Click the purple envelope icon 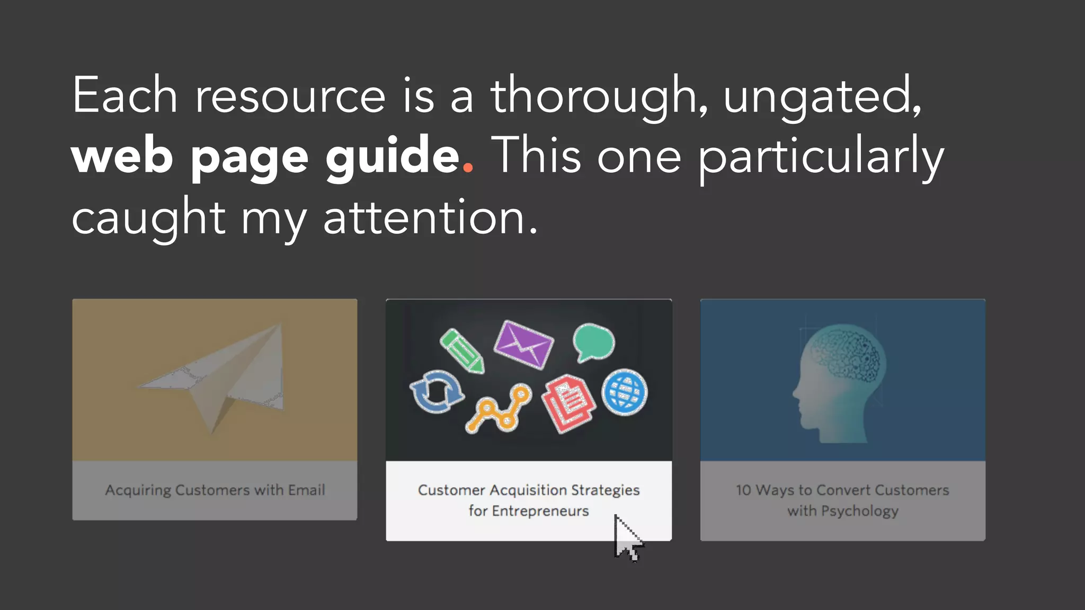[x=523, y=345]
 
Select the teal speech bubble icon [x=593, y=343]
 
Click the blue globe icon [x=625, y=392]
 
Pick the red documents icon [x=568, y=403]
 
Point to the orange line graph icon [x=499, y=410]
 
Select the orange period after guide [x=468, y=168]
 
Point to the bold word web [x=122, y=157]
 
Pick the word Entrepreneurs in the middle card [x=540, y=511]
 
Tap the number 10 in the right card [x=743, y=490]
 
